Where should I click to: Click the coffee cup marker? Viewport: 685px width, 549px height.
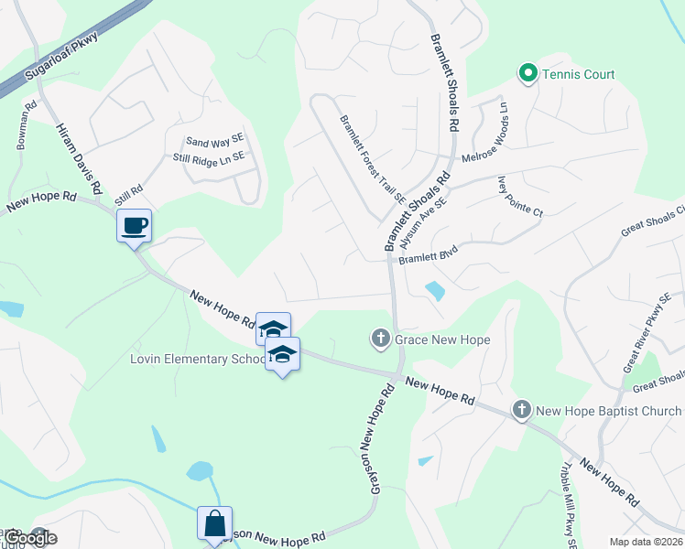[134, 225]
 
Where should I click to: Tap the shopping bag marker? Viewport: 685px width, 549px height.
[214, 523]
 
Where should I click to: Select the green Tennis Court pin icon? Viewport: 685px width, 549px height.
[527, 74]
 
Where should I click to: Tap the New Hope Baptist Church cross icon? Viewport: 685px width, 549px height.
[522, 410]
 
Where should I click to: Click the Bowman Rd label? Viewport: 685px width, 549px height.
[26, 124]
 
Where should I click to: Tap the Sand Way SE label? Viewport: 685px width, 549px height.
[215, 141]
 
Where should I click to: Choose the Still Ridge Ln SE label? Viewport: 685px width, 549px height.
[209, 157]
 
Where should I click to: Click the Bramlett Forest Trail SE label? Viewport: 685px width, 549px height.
[372, 158]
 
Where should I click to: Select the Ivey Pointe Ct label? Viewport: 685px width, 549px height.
[520, 197]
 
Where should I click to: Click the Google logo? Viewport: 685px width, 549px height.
[29, 537]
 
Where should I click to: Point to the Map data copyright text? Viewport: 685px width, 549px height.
[645, 542]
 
